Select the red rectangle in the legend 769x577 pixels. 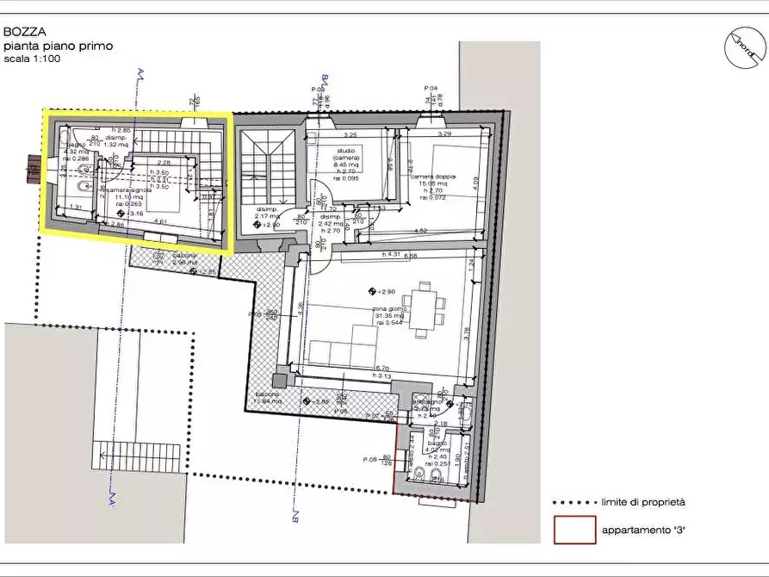pyautogui.click(x=574, y=530)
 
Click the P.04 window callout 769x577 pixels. pyautogui.click(x=431, y=89)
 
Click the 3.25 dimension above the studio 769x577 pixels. pyautogui.click(x=350, y=135)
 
